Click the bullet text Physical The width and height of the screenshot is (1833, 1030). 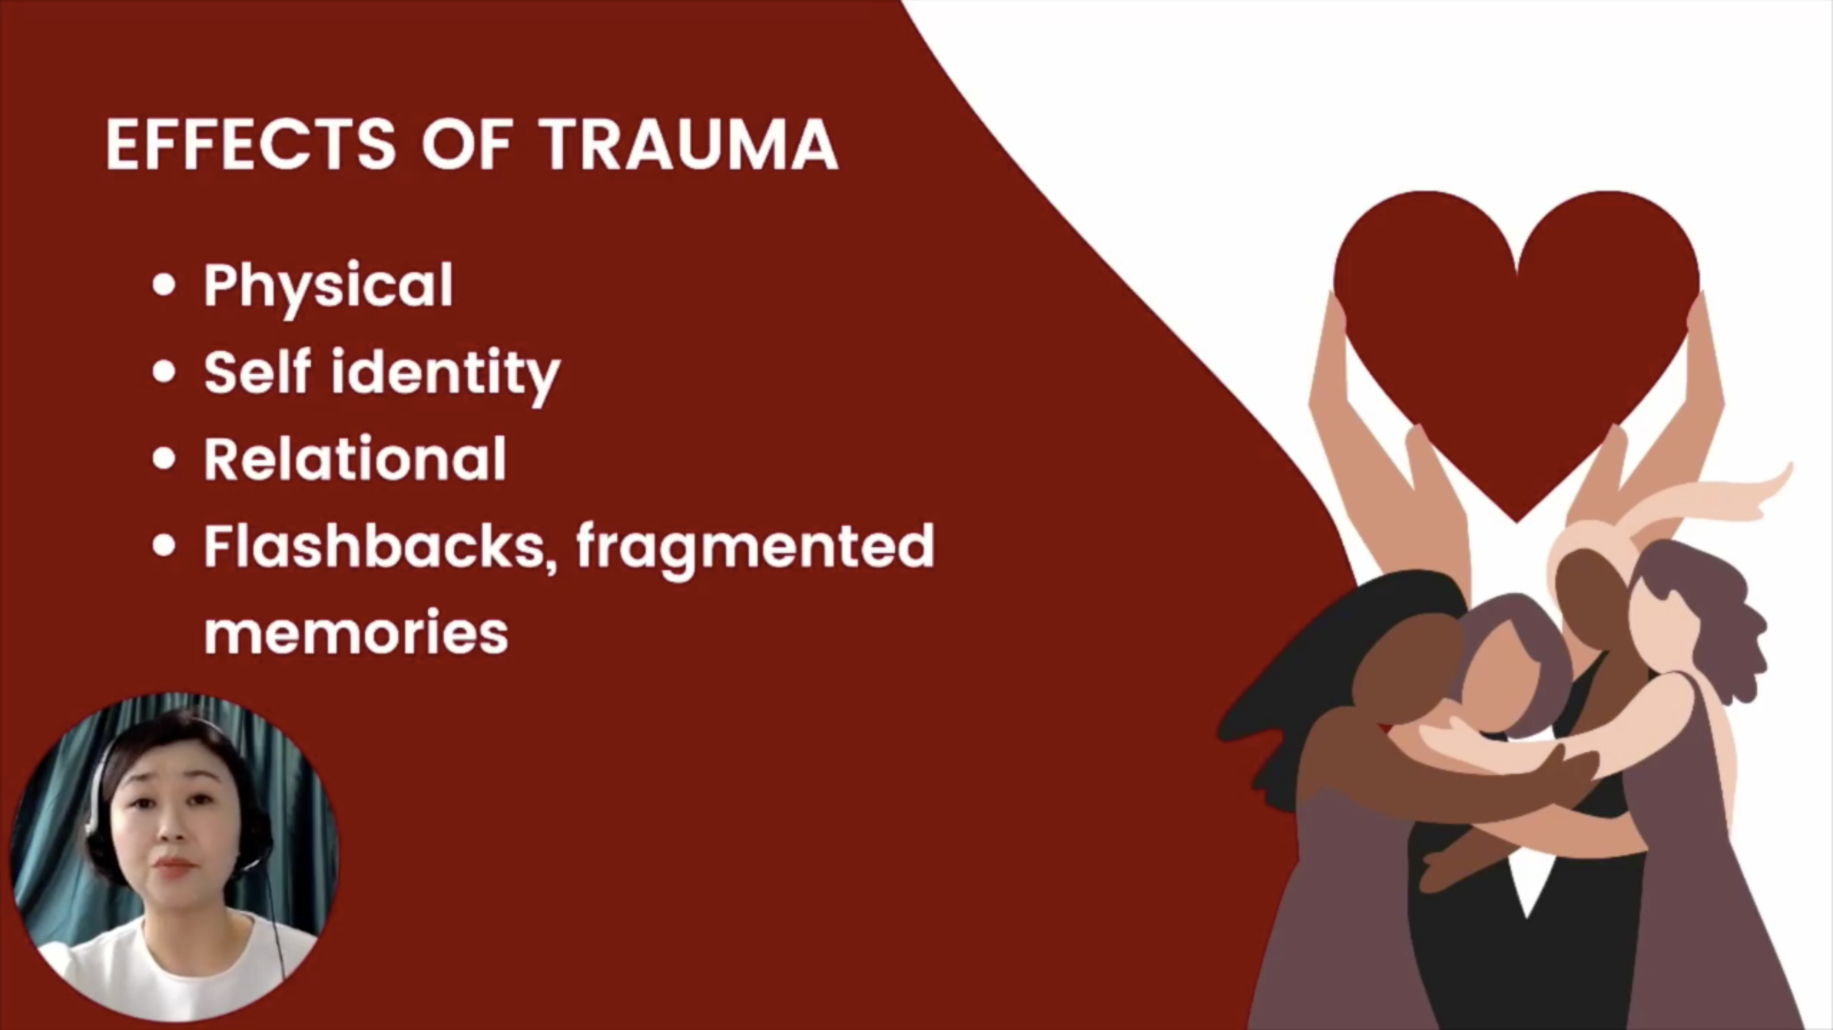pos(328,287)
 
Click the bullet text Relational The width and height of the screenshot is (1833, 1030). pos(355,458)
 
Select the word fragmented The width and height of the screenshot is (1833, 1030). pos(755,550)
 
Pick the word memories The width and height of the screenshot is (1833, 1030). pos(356,631)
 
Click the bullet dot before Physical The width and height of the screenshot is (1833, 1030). pos(164,285)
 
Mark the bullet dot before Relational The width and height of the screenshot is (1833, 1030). pos(164,459)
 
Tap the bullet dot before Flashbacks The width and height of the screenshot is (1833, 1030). pos(164,546)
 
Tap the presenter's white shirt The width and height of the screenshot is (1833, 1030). pos(176,968)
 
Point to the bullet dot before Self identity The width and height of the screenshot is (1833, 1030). pos(164,372)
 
